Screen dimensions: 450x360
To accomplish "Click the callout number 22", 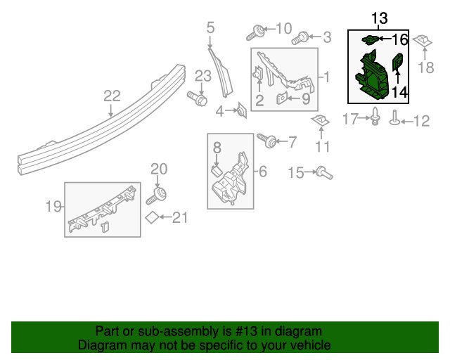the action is [112, 96].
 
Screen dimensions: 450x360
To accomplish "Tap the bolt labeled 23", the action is [197, 98].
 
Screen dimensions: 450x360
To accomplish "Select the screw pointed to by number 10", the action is [255, 33].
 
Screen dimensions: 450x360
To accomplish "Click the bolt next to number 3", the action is [300, 38].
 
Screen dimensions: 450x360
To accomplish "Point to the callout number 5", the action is [210, 28].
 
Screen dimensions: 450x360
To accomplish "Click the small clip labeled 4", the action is [242, 110].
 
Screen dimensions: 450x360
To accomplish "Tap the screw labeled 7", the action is [267, 141].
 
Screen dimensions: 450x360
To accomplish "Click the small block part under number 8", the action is [217, 171].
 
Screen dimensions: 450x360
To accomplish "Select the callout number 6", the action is [263, 172].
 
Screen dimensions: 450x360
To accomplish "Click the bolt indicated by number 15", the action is [324, 172].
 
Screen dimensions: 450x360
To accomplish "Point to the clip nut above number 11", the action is [321, 120].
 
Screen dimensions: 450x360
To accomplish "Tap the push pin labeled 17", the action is [375, 116].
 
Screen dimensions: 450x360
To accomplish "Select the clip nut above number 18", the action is [422, 41].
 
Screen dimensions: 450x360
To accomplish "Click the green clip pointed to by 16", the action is [371, 39].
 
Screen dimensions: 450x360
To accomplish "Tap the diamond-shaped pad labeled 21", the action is [152, 217].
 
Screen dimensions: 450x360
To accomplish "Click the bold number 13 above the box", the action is [380, 18].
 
